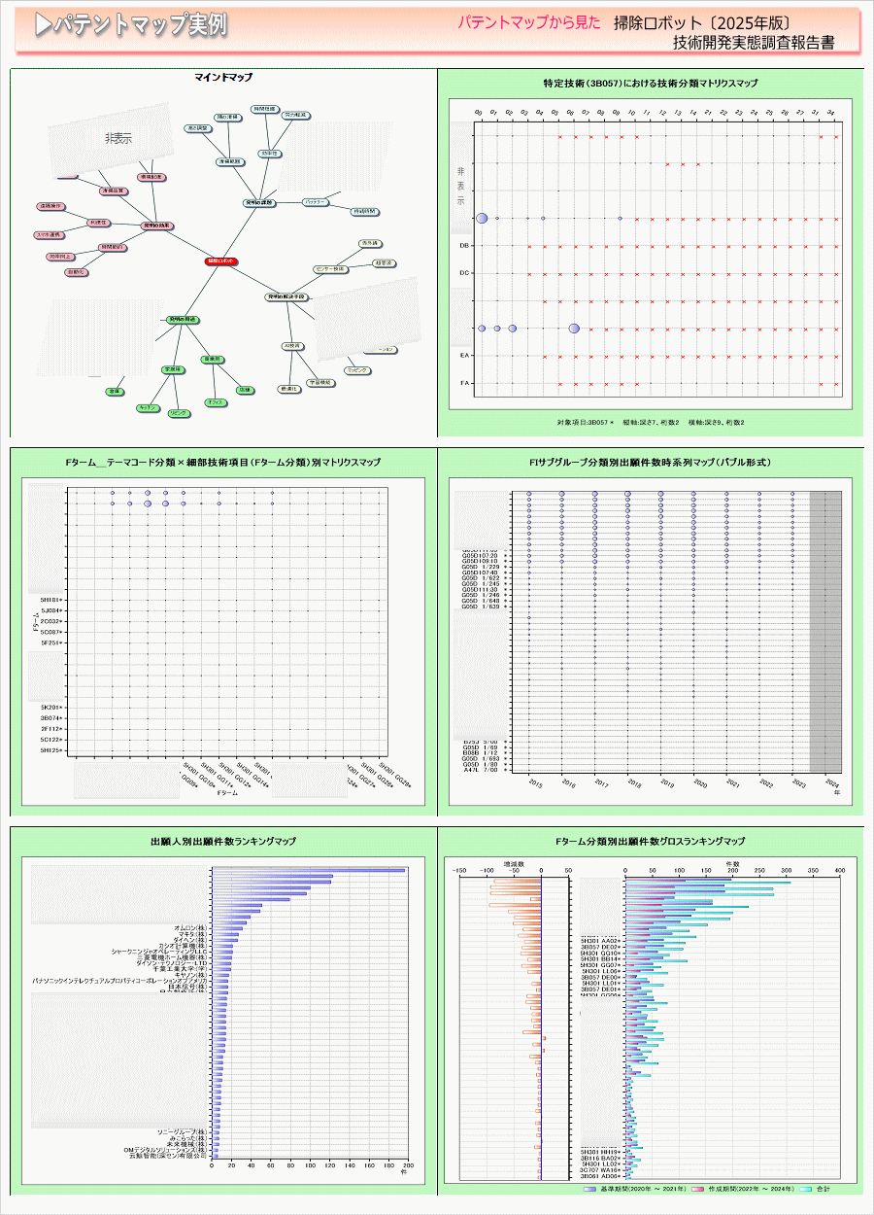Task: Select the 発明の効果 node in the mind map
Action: click(156, 225)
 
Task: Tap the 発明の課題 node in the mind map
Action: click(259, 203)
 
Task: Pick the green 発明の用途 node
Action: click(181, 319)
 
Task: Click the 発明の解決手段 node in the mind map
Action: click(286, 295)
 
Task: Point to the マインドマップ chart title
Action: click(223, 77)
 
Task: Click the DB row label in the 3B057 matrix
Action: click(465, 246)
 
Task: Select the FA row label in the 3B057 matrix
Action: click(465, 383)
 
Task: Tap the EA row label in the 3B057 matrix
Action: click(465, 356)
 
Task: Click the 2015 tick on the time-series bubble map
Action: click(535, 782)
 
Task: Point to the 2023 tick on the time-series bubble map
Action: click(799, 782)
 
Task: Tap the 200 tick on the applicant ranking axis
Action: click(407, 1164)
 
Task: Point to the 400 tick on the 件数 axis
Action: click(841, 871)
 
